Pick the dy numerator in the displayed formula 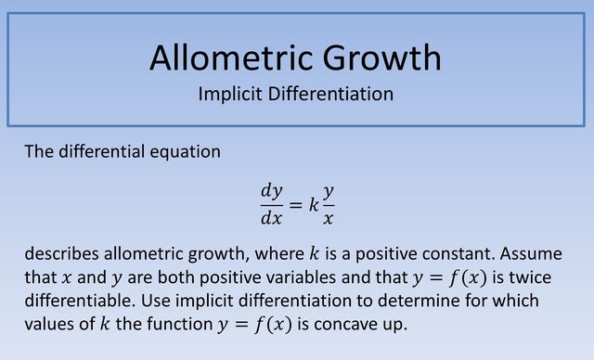coord(271,190)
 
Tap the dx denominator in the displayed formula coord(271,219)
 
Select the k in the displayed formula coord(313,204)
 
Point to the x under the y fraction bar coord(329,219)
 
